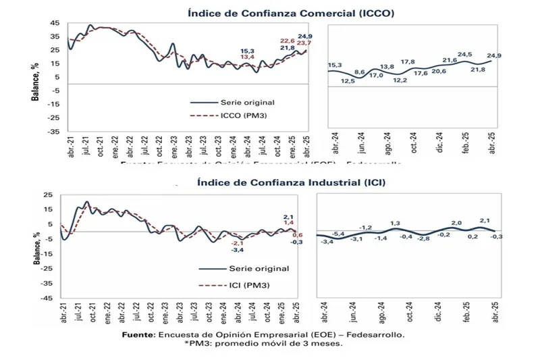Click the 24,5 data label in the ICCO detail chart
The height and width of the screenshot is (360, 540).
(x=464, y=55)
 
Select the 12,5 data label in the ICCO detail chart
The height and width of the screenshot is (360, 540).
(x=348, y=81)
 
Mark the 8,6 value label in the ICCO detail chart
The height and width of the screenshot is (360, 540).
(x=360, y=72)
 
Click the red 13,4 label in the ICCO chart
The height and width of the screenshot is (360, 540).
(x=247, y=57)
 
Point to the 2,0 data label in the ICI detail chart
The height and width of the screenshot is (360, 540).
(x=456, y=222)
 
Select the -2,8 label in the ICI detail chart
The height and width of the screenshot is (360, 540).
(x=423, y=238)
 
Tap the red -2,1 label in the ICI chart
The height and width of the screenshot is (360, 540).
(x=237, y=242)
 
